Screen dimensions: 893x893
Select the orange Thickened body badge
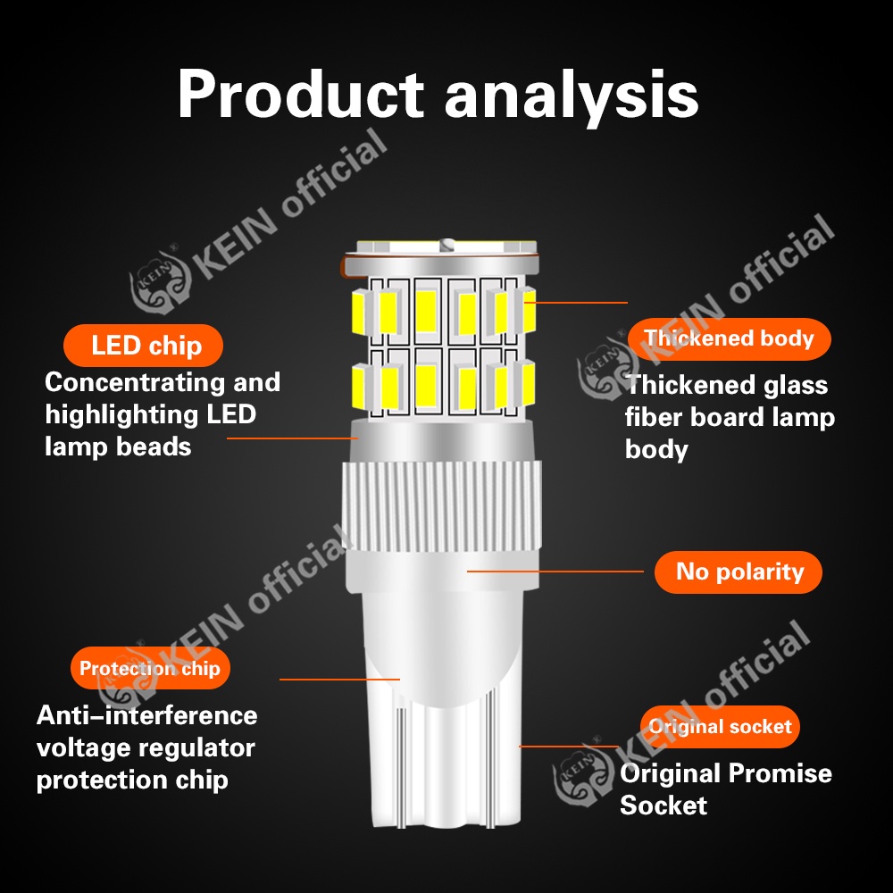pyautogui.click(x=729, y=339)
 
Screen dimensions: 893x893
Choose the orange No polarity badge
pyautogui.click(x=739, y=572)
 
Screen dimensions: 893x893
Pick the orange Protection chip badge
pyautogui.click(x=149, y=669)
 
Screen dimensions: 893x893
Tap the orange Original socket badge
pyautogui.click(x=720, y=727)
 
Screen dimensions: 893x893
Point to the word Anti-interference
pyautogui.click(x=146, y=715)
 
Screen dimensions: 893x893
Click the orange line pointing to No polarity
pyautogui.click(x=555, y=571)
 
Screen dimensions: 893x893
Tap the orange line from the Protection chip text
pyautogui.click(x=339, y=680)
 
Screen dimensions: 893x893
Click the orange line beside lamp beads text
pyautogui.click(x=292, y=438)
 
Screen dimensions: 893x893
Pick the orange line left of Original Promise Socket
pyautogui.click(x=568, y=746)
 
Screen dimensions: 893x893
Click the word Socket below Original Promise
pyautogui.click(x=663, y=805)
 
